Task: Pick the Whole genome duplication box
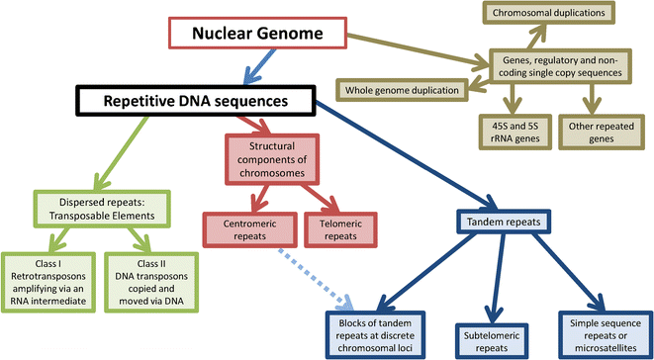(x=407, y=91)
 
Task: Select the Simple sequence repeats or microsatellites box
(x=606, y=334)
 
